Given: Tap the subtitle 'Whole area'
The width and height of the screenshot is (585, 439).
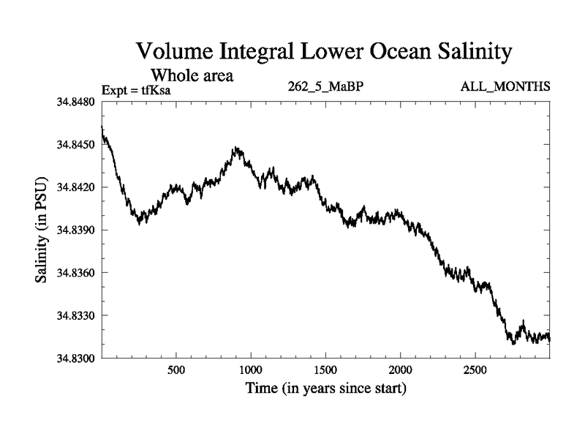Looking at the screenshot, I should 192,75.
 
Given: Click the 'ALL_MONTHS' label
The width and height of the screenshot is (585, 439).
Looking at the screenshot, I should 505,87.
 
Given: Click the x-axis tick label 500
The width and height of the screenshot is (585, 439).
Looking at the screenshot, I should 176,369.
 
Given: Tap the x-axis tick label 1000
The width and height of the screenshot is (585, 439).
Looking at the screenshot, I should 251,369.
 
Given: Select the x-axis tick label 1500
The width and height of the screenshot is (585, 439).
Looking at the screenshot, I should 325,369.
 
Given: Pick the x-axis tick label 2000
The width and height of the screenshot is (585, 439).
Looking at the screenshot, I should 401,369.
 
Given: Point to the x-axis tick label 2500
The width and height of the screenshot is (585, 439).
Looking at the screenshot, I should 475,369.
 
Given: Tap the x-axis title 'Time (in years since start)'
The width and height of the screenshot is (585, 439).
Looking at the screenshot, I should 325,388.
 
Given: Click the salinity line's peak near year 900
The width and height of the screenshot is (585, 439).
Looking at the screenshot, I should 235,149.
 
